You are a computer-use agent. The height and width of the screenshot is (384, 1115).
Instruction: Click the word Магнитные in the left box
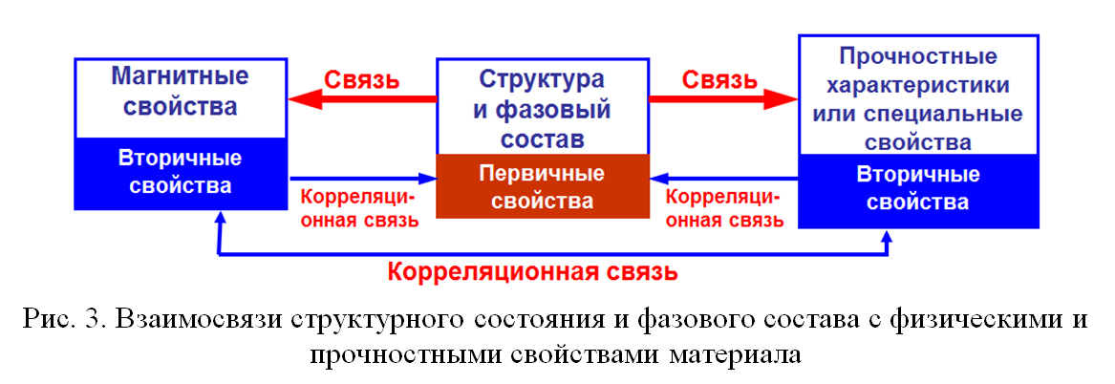(x=181, y=76)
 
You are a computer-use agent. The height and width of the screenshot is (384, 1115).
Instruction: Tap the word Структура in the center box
(x=543, y=78)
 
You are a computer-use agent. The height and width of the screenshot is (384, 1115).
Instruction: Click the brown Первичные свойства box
(x=543, y=186)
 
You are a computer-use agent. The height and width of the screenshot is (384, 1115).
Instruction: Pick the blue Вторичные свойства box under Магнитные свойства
(x=181, y=173)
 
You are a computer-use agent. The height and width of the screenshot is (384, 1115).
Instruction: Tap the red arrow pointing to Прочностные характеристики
(x=724, y=99)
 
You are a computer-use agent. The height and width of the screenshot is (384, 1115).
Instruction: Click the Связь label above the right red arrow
(x=719, y=78)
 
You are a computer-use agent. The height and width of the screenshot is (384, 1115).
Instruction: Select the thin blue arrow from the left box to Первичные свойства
(x=363, y=179)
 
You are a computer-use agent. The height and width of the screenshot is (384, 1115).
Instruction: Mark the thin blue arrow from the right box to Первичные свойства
(x=724, y=179)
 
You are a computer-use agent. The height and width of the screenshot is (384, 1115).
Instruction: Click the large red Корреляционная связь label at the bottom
(x=531, y=271)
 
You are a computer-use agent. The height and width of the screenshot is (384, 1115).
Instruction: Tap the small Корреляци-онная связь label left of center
(x=361, y=207)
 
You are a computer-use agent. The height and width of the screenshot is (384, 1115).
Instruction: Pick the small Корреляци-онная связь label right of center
(x=727, y=207)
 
